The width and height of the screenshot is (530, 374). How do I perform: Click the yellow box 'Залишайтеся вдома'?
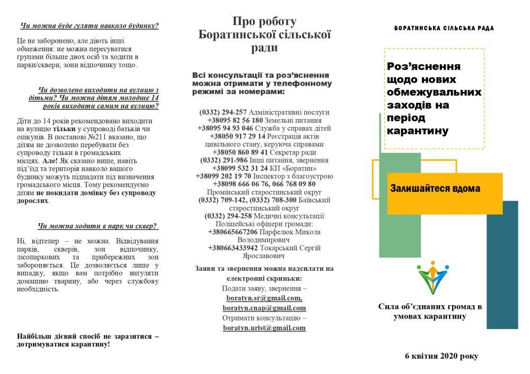coord(434,188)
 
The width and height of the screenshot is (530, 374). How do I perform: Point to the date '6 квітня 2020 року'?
coord(440,356)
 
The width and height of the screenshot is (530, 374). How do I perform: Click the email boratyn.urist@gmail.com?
coord(264,328)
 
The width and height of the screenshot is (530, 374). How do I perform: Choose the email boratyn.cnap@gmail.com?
coord(264,308)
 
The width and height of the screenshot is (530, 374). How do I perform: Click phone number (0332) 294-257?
coord(223,112)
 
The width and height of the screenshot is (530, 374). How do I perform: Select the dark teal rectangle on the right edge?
coord(501,264)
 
